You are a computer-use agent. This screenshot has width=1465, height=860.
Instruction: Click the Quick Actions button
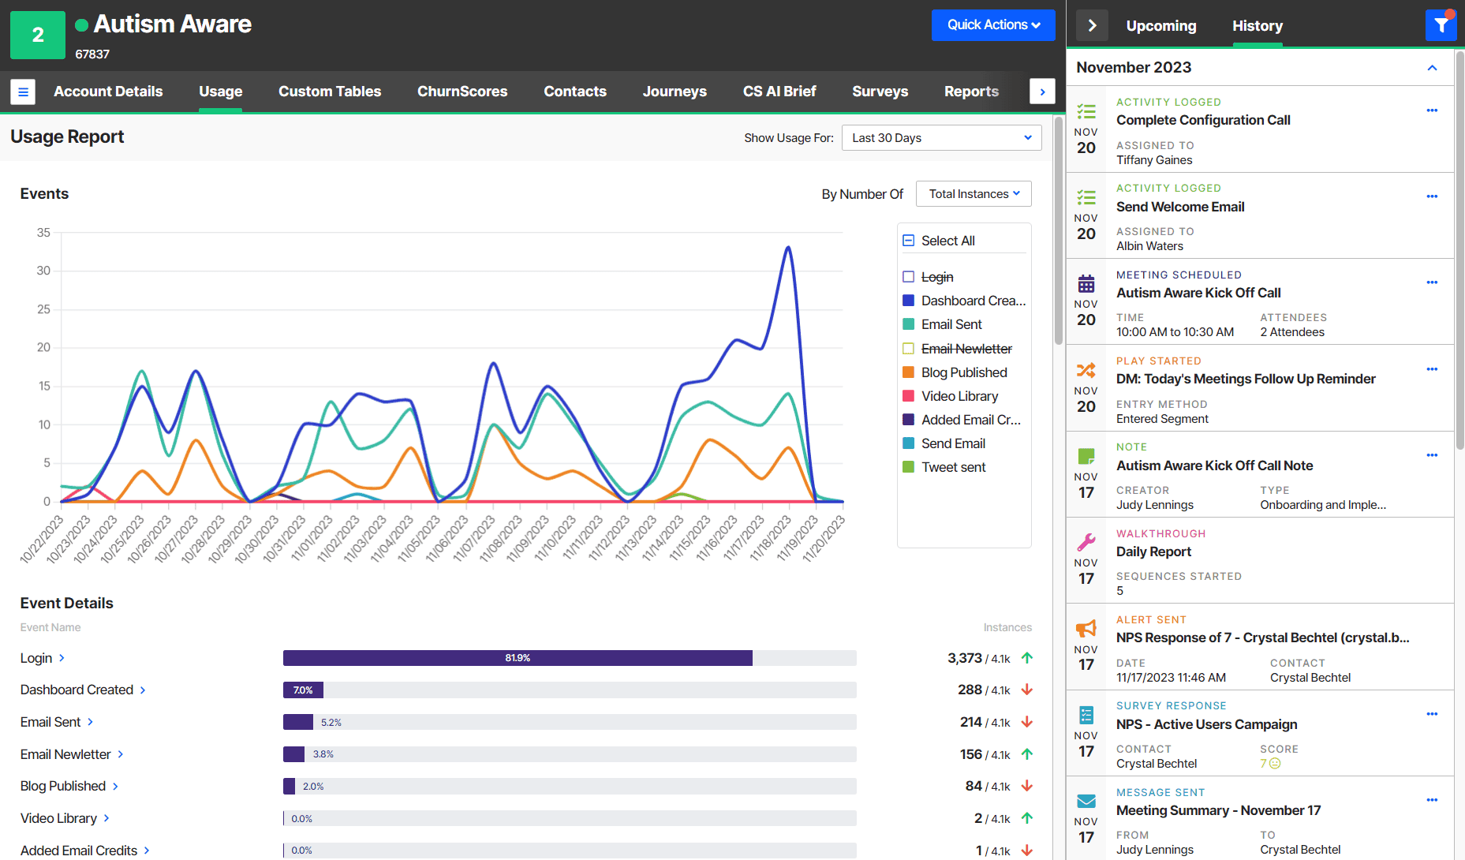click(x=992, y=25)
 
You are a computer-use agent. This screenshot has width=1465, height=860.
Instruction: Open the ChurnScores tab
click(x=462, y=92)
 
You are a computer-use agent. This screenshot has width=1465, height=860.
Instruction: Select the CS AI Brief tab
click(x=779, y=92)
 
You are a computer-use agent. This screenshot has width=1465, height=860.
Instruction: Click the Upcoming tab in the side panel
click(x=1160, y=26)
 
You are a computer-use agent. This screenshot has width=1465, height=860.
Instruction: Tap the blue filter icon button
click(x=1441, y=25)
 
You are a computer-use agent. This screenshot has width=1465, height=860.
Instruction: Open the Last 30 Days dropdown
click(x=940, y=138)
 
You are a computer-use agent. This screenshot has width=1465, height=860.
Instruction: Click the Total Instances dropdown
click(x=973, y=194)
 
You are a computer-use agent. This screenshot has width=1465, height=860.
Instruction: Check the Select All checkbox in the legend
click(x=909, y=241)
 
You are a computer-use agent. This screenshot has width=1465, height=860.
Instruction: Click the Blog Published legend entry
click(x=963, y=372)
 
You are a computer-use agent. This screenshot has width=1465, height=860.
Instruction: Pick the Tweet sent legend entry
click(x=953, y=467)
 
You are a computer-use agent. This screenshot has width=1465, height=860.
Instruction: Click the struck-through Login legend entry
click(x=936, y=277)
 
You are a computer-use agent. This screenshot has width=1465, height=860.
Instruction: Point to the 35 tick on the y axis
click(x=43, y=233)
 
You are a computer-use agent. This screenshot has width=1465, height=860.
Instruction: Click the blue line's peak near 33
click(x=787, y=248)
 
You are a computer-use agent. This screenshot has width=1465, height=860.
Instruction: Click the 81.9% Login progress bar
click(x=518, y=658)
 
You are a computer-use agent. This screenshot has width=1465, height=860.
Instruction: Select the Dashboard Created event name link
click(x=77, y=690)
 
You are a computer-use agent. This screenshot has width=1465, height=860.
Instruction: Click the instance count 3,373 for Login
click(x=964, y=658)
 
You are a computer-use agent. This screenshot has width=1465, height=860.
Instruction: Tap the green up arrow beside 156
click(x=1026, y=754)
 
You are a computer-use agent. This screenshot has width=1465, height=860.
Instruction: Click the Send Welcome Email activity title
click(x=1179, y=207)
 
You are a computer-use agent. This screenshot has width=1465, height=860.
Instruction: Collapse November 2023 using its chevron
click(x=1432, y=68)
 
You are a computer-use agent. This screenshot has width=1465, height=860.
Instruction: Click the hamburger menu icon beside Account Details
click(x=23, y=92)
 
